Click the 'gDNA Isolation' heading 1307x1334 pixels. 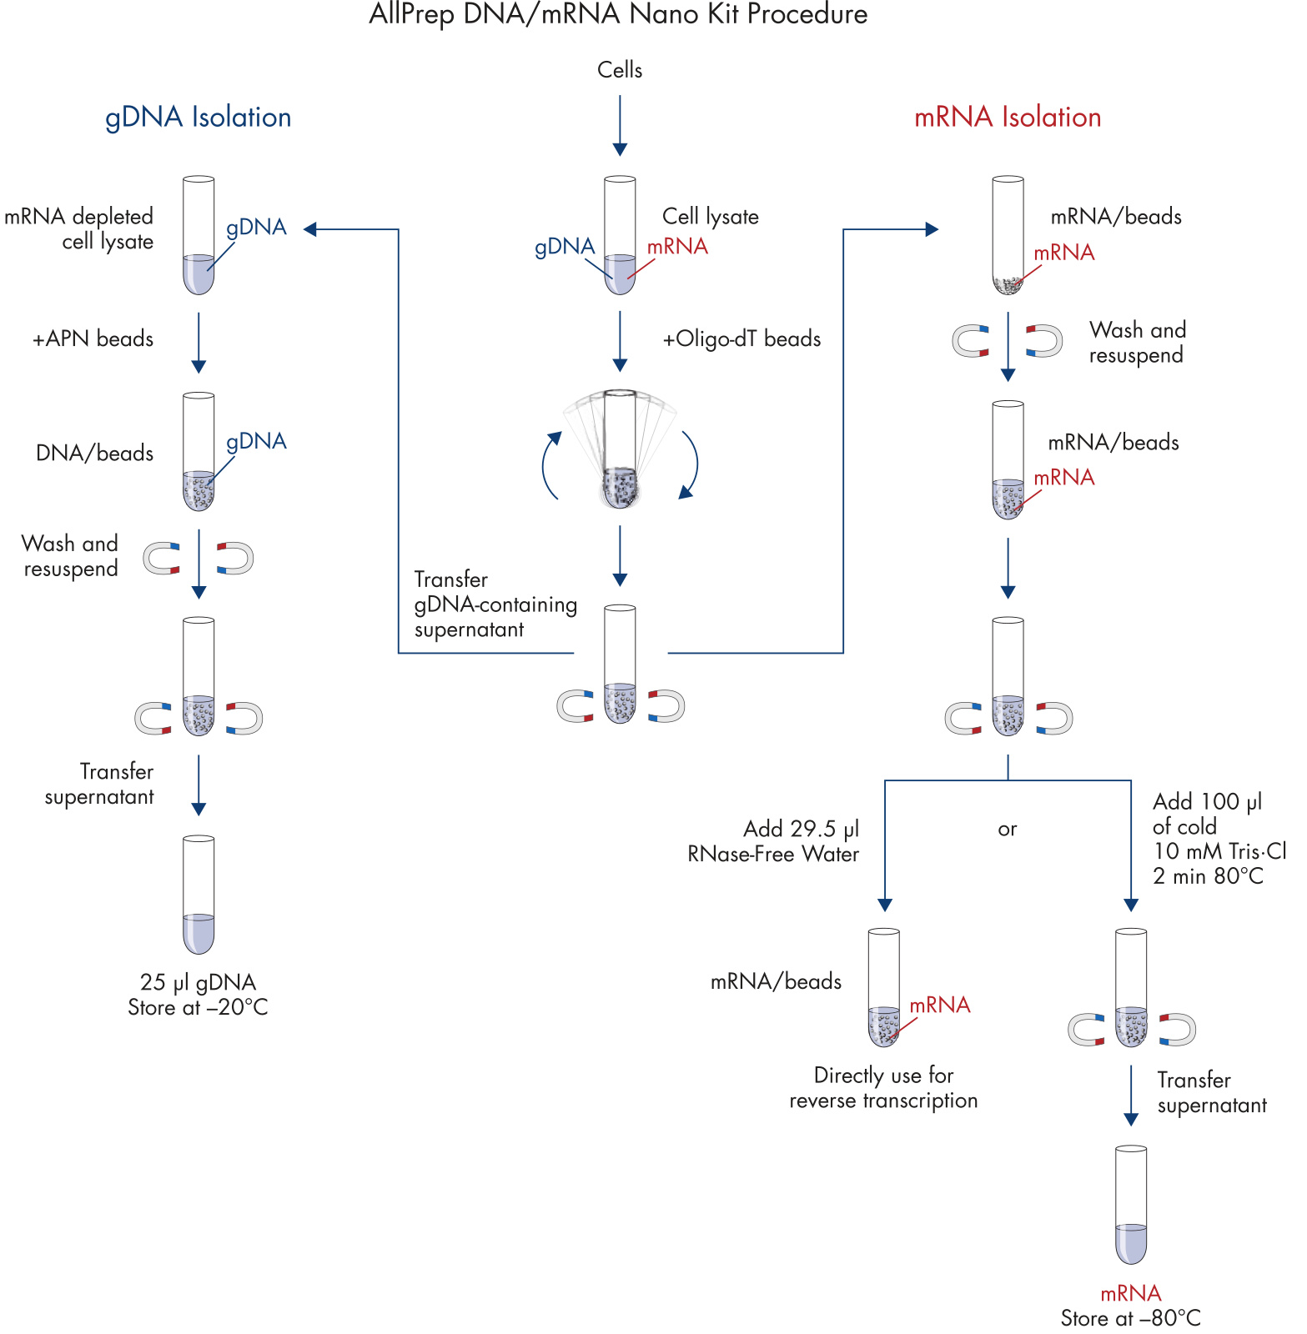(199, 118)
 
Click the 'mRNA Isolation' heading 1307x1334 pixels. (1008, 118)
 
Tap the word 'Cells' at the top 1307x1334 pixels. (620, 70)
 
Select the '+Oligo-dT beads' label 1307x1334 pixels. (741, 339)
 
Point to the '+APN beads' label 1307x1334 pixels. (93, 339)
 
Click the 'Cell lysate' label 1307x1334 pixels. (710, 217)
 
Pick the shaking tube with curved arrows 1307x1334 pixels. (620, 450)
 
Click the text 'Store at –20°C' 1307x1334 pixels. (198, 1008)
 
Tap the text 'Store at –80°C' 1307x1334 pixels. (1130, 1318)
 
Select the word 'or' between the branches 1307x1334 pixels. (1008, 830)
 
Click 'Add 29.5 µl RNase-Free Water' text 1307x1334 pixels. (773, 841)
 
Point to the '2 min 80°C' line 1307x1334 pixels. (1208, 876)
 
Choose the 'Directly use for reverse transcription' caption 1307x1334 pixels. (883, 1088)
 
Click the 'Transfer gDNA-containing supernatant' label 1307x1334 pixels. (495, 604)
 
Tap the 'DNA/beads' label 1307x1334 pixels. (95, 454)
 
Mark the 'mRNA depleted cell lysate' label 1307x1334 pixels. (79, 229)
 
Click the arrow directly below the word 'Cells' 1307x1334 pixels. (620, 125)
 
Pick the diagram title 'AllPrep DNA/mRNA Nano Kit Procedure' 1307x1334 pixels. (618, 14)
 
